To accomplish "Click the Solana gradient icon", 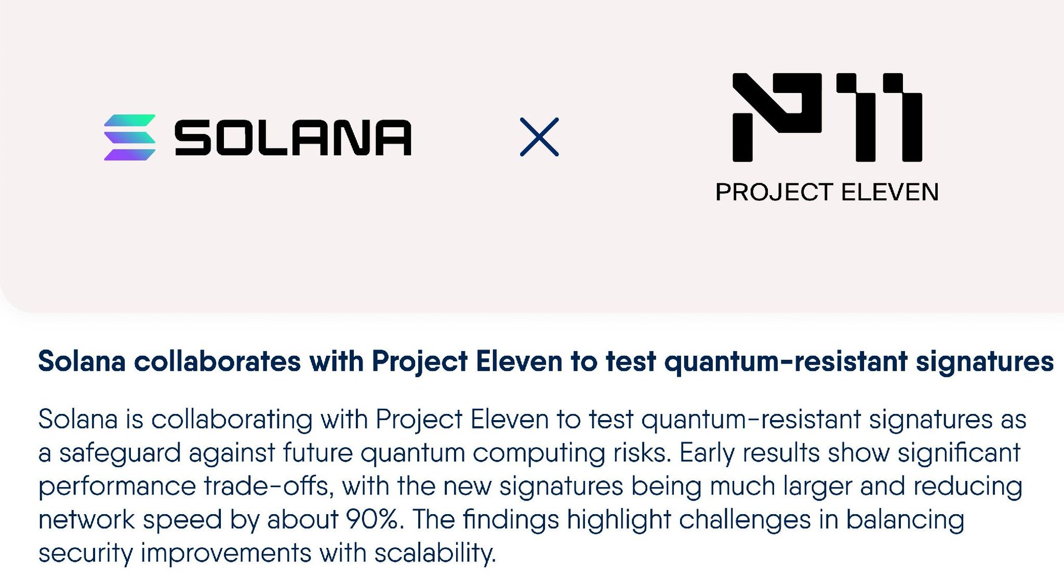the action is [x=130, y=137].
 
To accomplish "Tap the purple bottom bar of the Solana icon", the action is [x=130, y=155].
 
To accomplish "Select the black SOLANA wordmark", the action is [x=293, y=138].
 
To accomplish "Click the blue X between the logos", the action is [x=539, y=137].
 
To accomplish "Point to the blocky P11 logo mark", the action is [x=827, y=117].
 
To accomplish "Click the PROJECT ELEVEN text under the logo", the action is [x=827, y=192].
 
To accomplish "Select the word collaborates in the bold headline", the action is [x=217, y=361].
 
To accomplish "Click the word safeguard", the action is [x=120, y=453].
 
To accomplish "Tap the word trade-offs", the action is [x=269, y=487].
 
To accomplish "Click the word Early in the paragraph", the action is [x=707, y=453].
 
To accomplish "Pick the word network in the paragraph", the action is [x=87, y=519].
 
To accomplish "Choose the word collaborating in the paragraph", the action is [x=232, y=420].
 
